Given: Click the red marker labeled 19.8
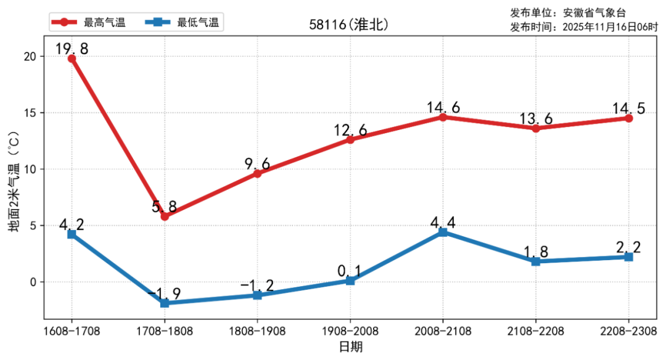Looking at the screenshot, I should [x=72, y=59].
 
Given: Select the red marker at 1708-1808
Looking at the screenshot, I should [x=165, y=216].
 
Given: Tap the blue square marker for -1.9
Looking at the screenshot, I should [x=165, y=303].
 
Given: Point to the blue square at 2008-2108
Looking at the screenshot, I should [x=443, y=232].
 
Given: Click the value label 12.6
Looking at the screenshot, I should [x=350, y=130].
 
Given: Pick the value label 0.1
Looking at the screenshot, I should [x=350, y=271].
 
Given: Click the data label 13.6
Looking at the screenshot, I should [x=535, y=119].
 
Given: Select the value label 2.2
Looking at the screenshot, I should [x=628, y=247].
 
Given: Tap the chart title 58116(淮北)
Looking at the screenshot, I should [x=349, y=25].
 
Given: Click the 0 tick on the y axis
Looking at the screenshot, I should [x=34, y=282].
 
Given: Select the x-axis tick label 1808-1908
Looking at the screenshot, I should [x=257, y=332].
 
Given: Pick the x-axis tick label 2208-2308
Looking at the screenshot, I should [x=628, y=332].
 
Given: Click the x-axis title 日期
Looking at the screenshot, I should [x=350, y=347].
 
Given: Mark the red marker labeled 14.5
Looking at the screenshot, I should [x=628, y=118].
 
